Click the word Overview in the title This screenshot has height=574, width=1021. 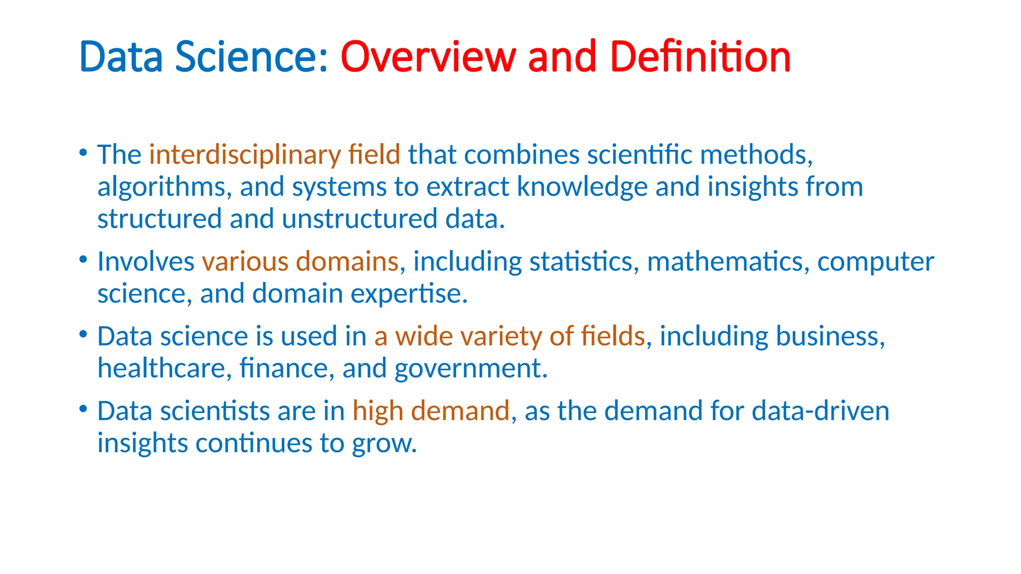[428, 57]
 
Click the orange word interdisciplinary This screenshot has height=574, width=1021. [244, 154]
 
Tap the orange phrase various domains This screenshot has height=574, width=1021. [300, 262]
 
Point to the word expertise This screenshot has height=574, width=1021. [409, 294]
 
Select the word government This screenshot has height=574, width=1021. [471, 369]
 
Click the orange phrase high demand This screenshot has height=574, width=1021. [431, 411]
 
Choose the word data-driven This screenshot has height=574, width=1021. [820, 411]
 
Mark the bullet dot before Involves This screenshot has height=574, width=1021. [83, 259]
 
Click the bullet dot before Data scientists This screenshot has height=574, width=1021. [83, 409]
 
